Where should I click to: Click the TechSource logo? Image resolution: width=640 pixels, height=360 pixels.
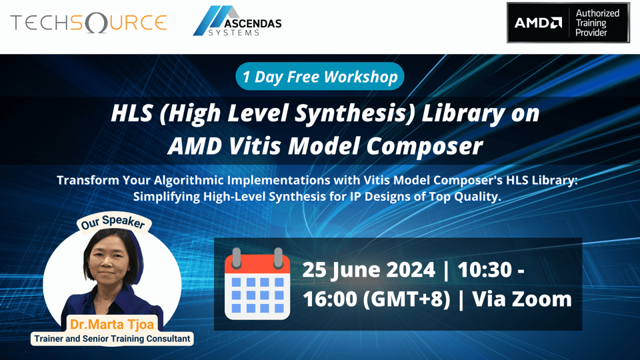(x=88, y=23)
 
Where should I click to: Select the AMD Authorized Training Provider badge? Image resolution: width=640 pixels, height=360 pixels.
(x=568, y=23)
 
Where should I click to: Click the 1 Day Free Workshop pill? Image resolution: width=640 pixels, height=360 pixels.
(x=320, y=77)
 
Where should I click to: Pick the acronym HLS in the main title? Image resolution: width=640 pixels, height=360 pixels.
(x=133, y=113)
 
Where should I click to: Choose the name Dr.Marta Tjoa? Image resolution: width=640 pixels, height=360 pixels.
(x=112, y=325)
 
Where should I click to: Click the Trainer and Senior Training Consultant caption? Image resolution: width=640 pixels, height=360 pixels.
(x=112, y=339)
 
